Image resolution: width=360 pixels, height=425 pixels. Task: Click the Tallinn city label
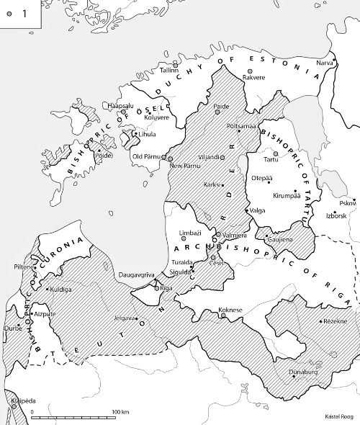click(170, 71)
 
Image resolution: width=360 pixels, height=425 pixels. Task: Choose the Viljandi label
click(208, 155)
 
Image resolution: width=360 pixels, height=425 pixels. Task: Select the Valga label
click(256, 210)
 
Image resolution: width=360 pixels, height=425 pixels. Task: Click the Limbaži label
click(191, 233)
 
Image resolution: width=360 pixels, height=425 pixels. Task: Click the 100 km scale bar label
click(120, 411)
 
